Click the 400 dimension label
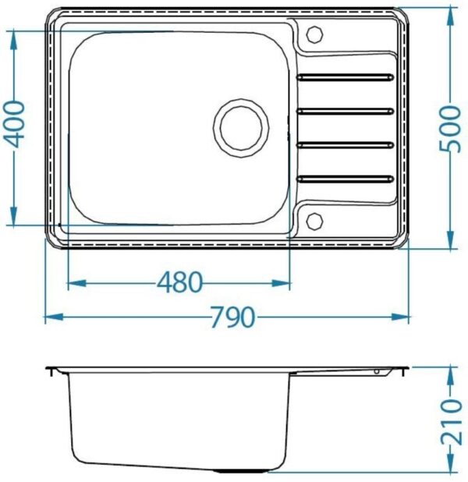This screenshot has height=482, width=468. click(15, 124)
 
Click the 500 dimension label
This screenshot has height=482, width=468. click(451, 129)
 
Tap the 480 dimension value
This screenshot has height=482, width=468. click(180, 282)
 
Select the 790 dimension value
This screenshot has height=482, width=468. click(232, 317)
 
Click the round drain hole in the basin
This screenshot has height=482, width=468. click(241, 128)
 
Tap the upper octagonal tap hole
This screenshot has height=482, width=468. click(315, 34)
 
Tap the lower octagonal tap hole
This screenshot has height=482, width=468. click(315, 221)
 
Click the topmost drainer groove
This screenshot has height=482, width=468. click(345, 77)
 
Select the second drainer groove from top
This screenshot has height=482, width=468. click(345, 111)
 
